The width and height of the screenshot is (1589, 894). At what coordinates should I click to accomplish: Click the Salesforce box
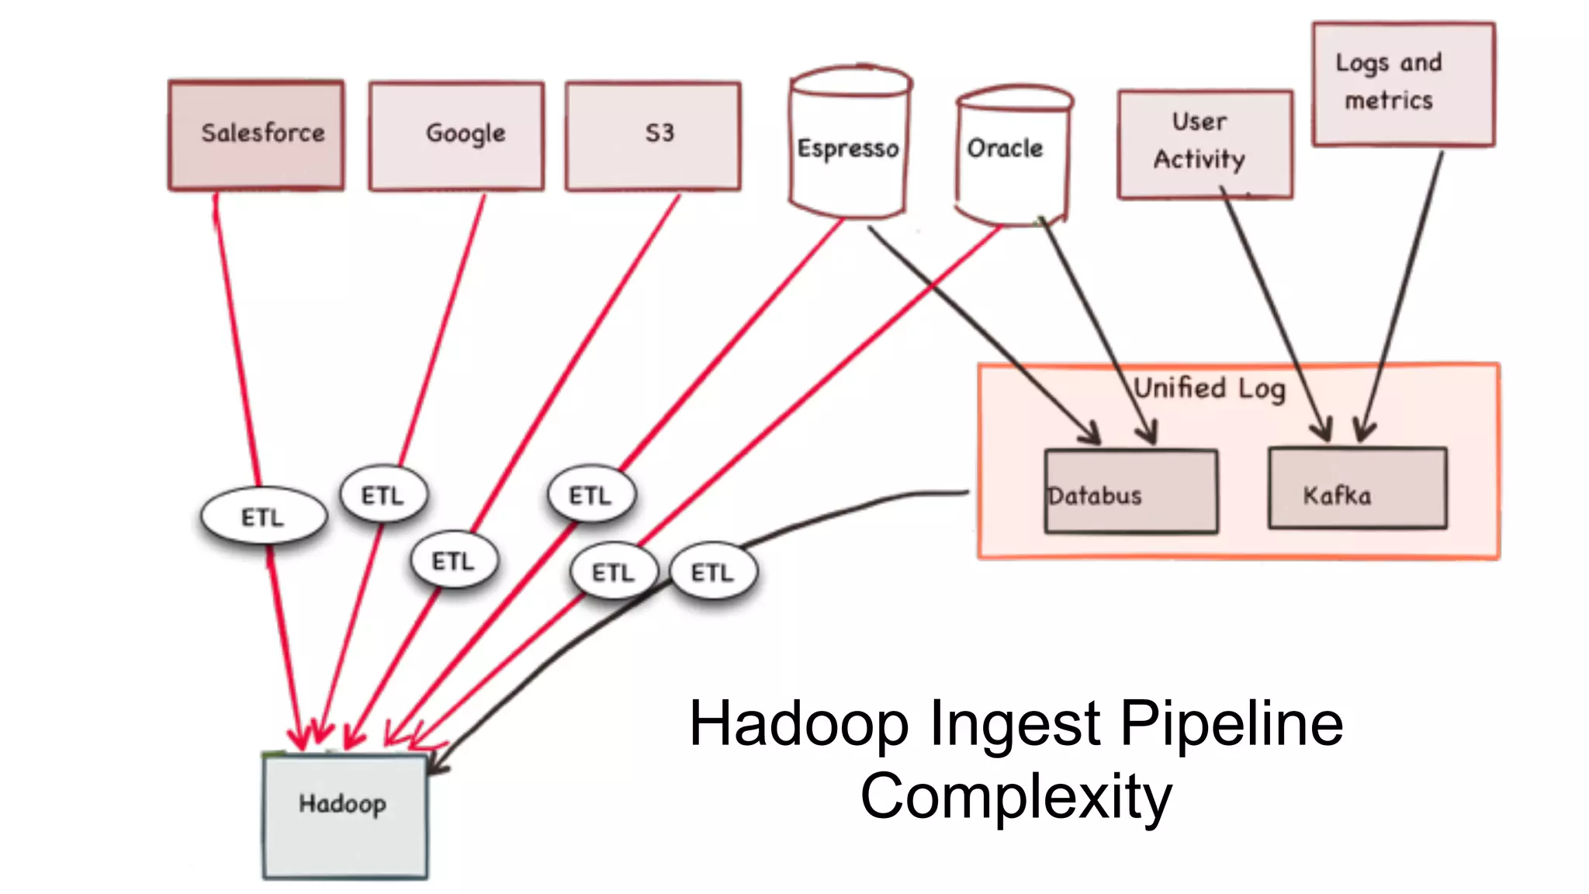(256, 135)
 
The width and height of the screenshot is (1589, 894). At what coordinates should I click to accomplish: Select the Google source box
(456, 135)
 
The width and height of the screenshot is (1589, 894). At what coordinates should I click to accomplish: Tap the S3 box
(653, 135)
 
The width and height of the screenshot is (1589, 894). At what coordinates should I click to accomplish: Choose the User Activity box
(1204, 144)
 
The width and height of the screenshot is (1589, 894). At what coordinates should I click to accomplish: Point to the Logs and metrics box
(1403, 84)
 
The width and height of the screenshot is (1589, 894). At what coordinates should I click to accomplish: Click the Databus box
(1130, 492)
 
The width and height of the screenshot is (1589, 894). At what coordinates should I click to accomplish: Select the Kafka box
(1357, 489)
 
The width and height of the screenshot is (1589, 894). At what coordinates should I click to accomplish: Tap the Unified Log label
(1209, 388)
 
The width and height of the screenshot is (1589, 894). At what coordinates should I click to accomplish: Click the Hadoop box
(344, 815)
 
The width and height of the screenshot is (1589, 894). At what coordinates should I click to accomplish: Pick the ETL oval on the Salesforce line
(263, 517)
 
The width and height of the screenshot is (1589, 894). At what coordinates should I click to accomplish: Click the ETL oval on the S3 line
(454, 560)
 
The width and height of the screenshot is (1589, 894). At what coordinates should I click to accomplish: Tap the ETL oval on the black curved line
(712, 573)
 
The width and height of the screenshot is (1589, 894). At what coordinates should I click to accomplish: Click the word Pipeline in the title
(1231, 723)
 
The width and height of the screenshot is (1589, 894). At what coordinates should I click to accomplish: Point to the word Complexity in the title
(1016, 796)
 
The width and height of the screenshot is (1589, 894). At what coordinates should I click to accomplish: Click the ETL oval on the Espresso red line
(591, 495)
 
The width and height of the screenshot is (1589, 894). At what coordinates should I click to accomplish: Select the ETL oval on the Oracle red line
(614, 573)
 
